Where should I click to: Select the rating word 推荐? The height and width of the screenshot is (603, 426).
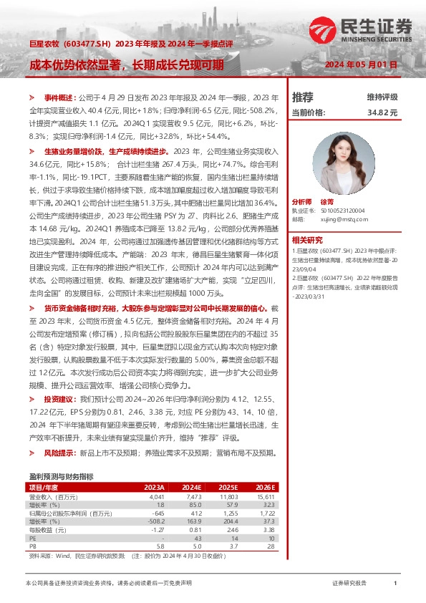(303, 97)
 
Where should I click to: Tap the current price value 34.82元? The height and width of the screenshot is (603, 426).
(382, 112)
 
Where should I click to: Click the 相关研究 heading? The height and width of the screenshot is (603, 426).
(308, 240)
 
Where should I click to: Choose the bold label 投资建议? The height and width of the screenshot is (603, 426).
(59, 397)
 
